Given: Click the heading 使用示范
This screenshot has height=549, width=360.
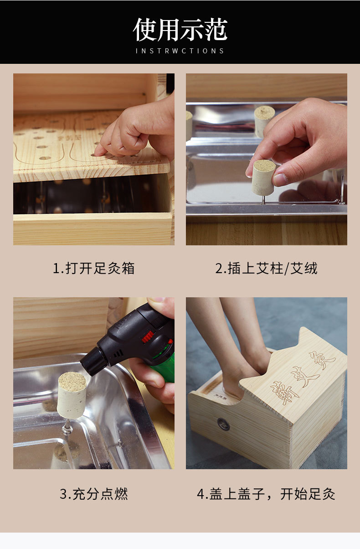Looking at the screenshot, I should click(180, 30).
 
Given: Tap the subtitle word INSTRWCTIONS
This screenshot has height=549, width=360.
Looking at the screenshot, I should click(180, 51).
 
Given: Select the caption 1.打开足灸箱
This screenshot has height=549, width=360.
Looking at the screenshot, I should click(93, 268).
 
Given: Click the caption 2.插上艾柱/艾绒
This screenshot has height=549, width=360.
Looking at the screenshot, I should click(266, 268).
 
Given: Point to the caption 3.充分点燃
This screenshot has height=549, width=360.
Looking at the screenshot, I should click(93, 494).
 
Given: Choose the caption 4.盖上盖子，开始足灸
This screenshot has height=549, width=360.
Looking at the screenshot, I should click(266, 494).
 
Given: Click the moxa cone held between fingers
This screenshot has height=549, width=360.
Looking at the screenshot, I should click(263, 177).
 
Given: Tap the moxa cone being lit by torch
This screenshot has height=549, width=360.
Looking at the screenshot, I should click(72, 394).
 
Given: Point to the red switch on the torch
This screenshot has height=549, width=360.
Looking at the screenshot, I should click(147, 337).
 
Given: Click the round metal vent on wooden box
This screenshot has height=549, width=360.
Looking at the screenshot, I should click(223, 424).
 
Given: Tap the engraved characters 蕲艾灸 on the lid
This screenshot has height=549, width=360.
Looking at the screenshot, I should click(303, 375).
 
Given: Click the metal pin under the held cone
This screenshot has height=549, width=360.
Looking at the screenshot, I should click(263, 199).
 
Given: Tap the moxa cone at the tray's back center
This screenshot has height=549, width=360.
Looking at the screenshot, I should click(264, 119).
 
